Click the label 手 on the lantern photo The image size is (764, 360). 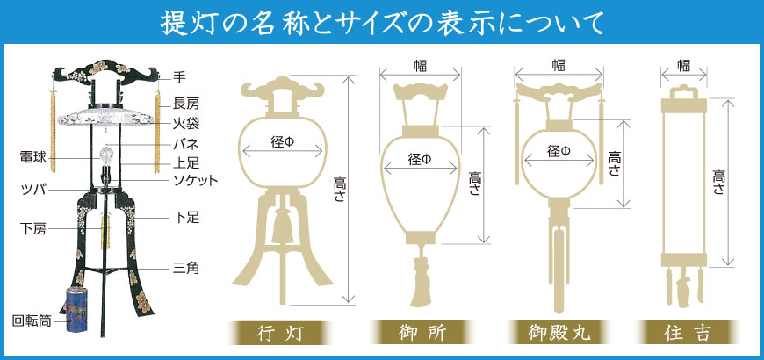point(180,77)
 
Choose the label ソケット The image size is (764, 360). point(196,181)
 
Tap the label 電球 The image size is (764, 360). point(33,158)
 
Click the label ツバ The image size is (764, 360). point(33,190)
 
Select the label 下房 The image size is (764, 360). point(33,228)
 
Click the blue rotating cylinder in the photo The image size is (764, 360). point(76,310)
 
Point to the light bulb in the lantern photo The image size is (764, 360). point(106,155)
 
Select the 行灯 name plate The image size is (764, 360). point(281,334)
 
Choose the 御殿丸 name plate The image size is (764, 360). point(559,334)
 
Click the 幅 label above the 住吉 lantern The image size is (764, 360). point(683,65)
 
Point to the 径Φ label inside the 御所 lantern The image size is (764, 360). point(421,159)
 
